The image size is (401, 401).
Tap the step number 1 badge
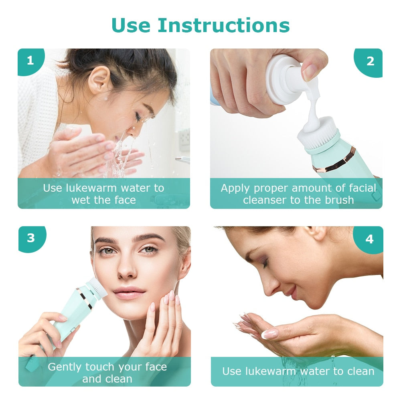pos(30,61)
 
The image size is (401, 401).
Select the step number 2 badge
pos(370,61)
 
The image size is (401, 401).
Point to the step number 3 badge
pos(31,238)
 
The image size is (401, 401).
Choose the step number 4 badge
pos(369,239)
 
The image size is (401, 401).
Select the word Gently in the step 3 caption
pos(65,367)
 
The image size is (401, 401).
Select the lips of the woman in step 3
pos(129,292)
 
